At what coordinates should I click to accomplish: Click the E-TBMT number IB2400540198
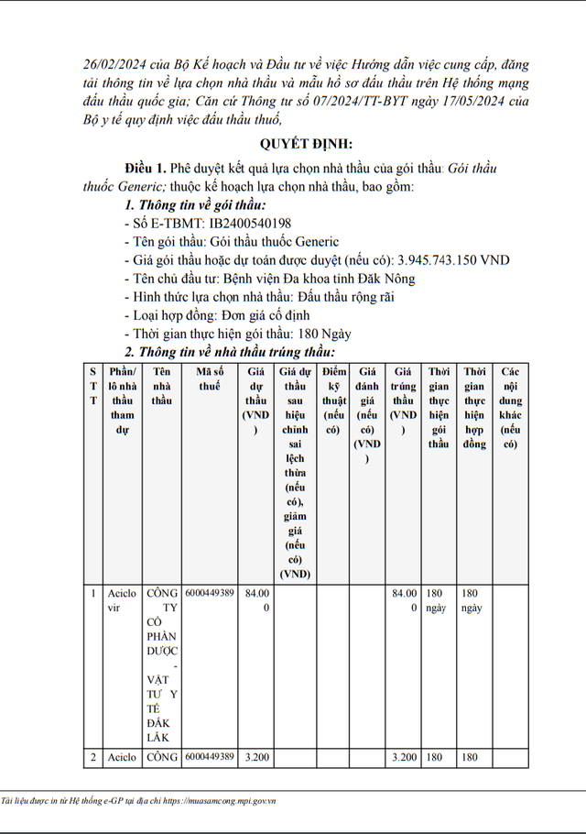tap(251, 224)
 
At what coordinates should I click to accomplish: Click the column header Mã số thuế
tap(210, 379)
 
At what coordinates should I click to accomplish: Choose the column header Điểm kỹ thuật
tap(335, 400)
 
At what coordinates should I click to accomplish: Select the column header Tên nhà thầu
tap(162, 386)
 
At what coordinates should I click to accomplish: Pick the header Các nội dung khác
tap(511, 407)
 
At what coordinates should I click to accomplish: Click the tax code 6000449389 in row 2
tap(210, 757)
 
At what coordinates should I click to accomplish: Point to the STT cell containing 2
tap(92, 758)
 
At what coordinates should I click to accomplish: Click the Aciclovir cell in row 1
tap(123, 600)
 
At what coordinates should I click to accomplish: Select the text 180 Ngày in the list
tap(325, 334)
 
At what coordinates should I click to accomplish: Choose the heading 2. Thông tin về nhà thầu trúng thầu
tap(229, 352)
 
